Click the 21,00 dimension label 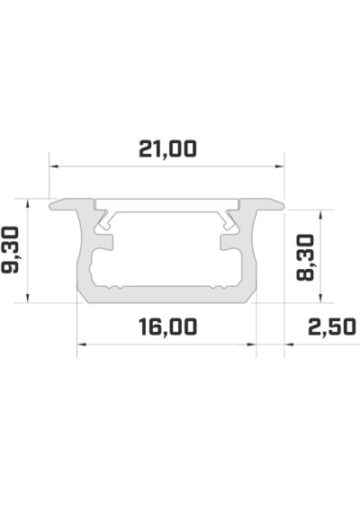coord(166,148)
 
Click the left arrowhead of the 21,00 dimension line coord(53,166)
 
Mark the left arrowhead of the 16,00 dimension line coord(81,343)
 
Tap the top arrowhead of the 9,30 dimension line coord(30,203)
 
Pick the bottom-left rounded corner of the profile coord(83,295)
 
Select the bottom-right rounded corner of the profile coord(251,295)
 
